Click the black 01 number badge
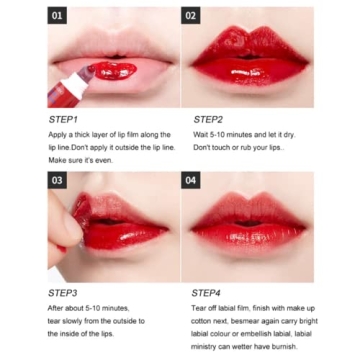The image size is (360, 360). click(x=58, y=16)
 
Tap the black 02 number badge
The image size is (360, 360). click(x=193, y=16)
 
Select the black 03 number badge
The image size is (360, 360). click(x=58, y=180)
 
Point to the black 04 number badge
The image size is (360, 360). click(x=193, y=180)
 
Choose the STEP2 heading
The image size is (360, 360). click(x=208, y=118)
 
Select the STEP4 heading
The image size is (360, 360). click(x=208, y=292)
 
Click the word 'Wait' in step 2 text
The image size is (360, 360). click(x=200, y=133)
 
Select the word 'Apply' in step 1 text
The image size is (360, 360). click(x=56, y=133)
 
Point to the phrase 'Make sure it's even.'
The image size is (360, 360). click(x=79, y=159)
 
